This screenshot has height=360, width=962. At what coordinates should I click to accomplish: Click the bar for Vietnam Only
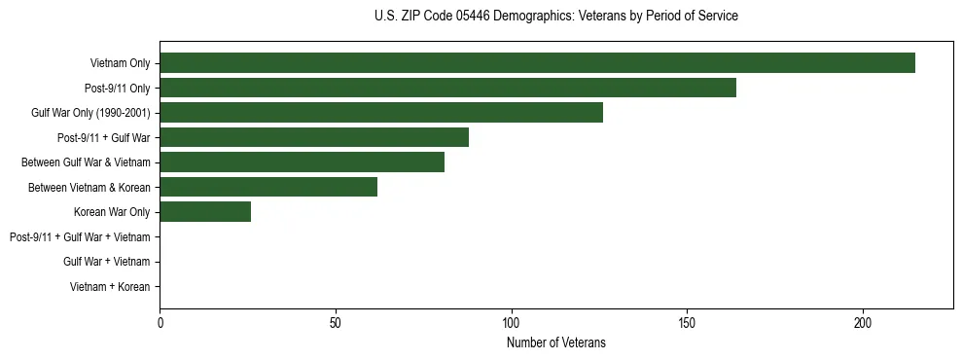point(537,62)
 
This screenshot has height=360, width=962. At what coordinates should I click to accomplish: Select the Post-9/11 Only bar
point(447,88)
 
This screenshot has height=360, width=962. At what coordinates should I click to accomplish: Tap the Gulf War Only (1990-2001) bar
point(381,112)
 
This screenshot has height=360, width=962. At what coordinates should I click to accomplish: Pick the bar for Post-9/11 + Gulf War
point(314,137)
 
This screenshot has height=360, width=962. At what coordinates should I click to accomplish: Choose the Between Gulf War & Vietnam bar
point(302,162)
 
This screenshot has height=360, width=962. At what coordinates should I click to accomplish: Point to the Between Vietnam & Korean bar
point(268,187)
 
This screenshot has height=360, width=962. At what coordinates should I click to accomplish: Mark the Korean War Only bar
point(205,211)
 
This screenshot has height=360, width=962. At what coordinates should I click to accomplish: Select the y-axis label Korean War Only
point(112,212)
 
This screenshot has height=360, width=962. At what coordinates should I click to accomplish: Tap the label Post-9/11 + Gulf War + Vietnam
point(80,236)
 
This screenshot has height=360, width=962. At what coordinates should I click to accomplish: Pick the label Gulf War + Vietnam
point(107,262)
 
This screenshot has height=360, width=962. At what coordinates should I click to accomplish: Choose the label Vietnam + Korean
point(110,287)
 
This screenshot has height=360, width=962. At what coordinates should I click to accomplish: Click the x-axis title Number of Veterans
point(555,342)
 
